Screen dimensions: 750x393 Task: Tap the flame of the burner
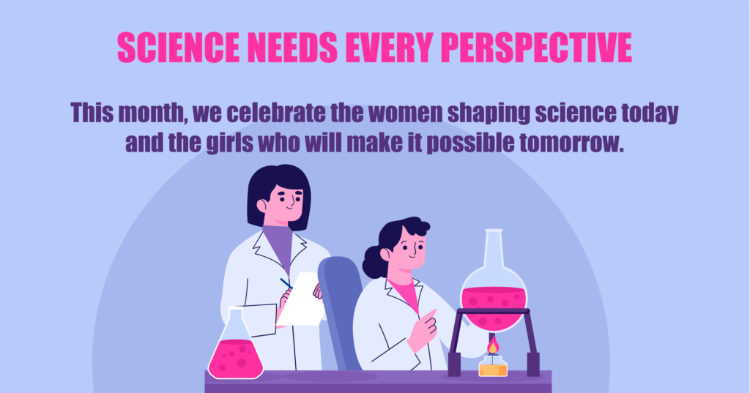[493, 345]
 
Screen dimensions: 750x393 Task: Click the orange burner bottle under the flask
[493, 365]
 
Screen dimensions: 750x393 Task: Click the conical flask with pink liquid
[235, 344]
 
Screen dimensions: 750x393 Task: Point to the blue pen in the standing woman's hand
[286, 284]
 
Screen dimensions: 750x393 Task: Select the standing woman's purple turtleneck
[278, 246]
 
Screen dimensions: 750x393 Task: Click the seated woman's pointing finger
[431, 314]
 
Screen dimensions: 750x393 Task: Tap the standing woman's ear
[261, 206]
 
